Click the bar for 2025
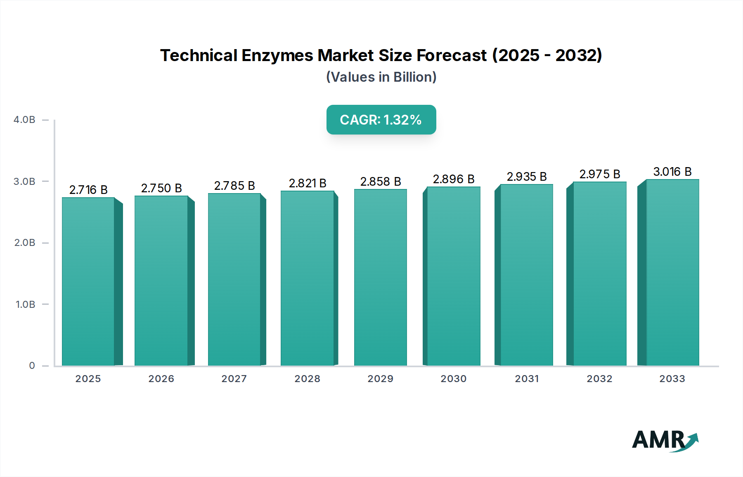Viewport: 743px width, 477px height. pyautogui.click(x=88, y=281)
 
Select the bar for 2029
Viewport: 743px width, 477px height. pyautogui.click(x=381, y=277)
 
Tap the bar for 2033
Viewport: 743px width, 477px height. pyautogui.click(x=672, y=272)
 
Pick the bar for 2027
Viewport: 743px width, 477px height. pyautogui.click(x=234, y=279)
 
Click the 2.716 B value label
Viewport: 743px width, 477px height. pyautogui.click(x=88, y=190)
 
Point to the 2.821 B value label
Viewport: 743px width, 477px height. pyautogui.click(x=308, y=183)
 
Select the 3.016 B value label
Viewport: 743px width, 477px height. pyautogui.click(x=672, y=172)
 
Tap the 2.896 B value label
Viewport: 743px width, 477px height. pyautogui.click(x=454, y=179)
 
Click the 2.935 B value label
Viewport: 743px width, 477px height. pyautogui.click(x=527, y=177)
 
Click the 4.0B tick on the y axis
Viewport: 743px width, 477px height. pyautogui.click(x=24, y=120)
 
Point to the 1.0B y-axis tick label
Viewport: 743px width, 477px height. pyautogui.click(x=25, y=305)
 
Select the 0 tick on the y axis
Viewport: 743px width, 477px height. pyautogui.click(x=32, y=366)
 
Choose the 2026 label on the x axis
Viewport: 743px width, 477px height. pyautogui.click(x=161, y=379)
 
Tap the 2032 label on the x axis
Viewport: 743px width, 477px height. pyautogui.click(x=600, y=379)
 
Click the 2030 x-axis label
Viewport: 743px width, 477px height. pyautogui.click(x=454, y=379)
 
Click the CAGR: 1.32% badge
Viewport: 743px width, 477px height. pyautogui.click(x=381, y=120)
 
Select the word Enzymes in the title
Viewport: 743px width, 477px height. pyautogui.click(x=277, y=55)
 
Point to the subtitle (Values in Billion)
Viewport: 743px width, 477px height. pyautogui.click(x=381, y=77)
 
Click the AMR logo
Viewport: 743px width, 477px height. pyautogui.click(x=665, y=440)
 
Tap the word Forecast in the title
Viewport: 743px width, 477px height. pyautogui.click(x=452, y=55)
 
